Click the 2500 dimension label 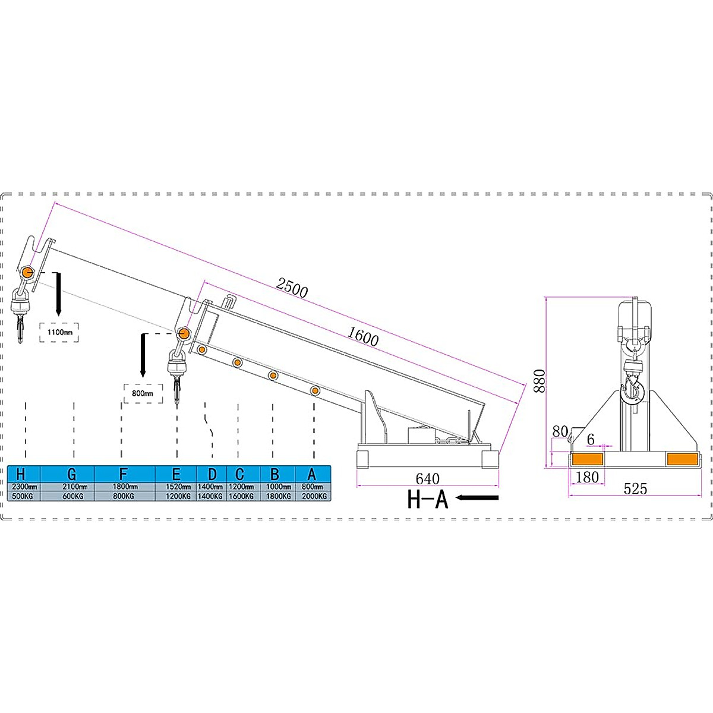point(292,288)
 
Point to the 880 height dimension point(539,381)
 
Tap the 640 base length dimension point(428,479)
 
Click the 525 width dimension point(635,488)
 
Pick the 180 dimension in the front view point(587,477)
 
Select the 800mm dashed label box point(143,393)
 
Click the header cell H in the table point(21,474)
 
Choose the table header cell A point(312,474)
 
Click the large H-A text point(427,499)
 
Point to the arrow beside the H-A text point(478,498)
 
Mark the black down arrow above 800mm point(143,355)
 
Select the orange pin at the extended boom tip point(27,273)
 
